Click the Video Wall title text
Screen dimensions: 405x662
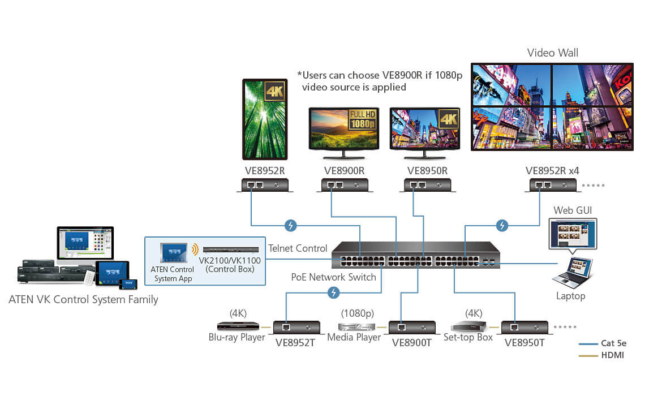pyautogui.click(x=552, y=53)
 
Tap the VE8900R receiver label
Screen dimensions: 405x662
pyautogui.click(x=344, y=170)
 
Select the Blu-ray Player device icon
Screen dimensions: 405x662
pyautogui.click(x=238, y=326)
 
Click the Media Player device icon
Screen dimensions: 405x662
pyautogui.click(x=356, y=327)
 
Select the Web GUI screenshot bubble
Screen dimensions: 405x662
pyautogui.click(x=573, y=235)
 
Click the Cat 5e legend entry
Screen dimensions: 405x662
pyautogui.click(x=614, y=343)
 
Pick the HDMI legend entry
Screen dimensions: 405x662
pyautogui.click(x=613, y=355)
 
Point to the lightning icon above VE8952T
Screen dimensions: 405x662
pyautogui.click(x=334, y=292)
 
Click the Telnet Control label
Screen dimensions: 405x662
pyautogui.click(x=298, y=248)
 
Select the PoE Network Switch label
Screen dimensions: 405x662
pyautogui.click(x=334, y=277)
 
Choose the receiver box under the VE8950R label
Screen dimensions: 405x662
pyautogui.click(x=427, y=185)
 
